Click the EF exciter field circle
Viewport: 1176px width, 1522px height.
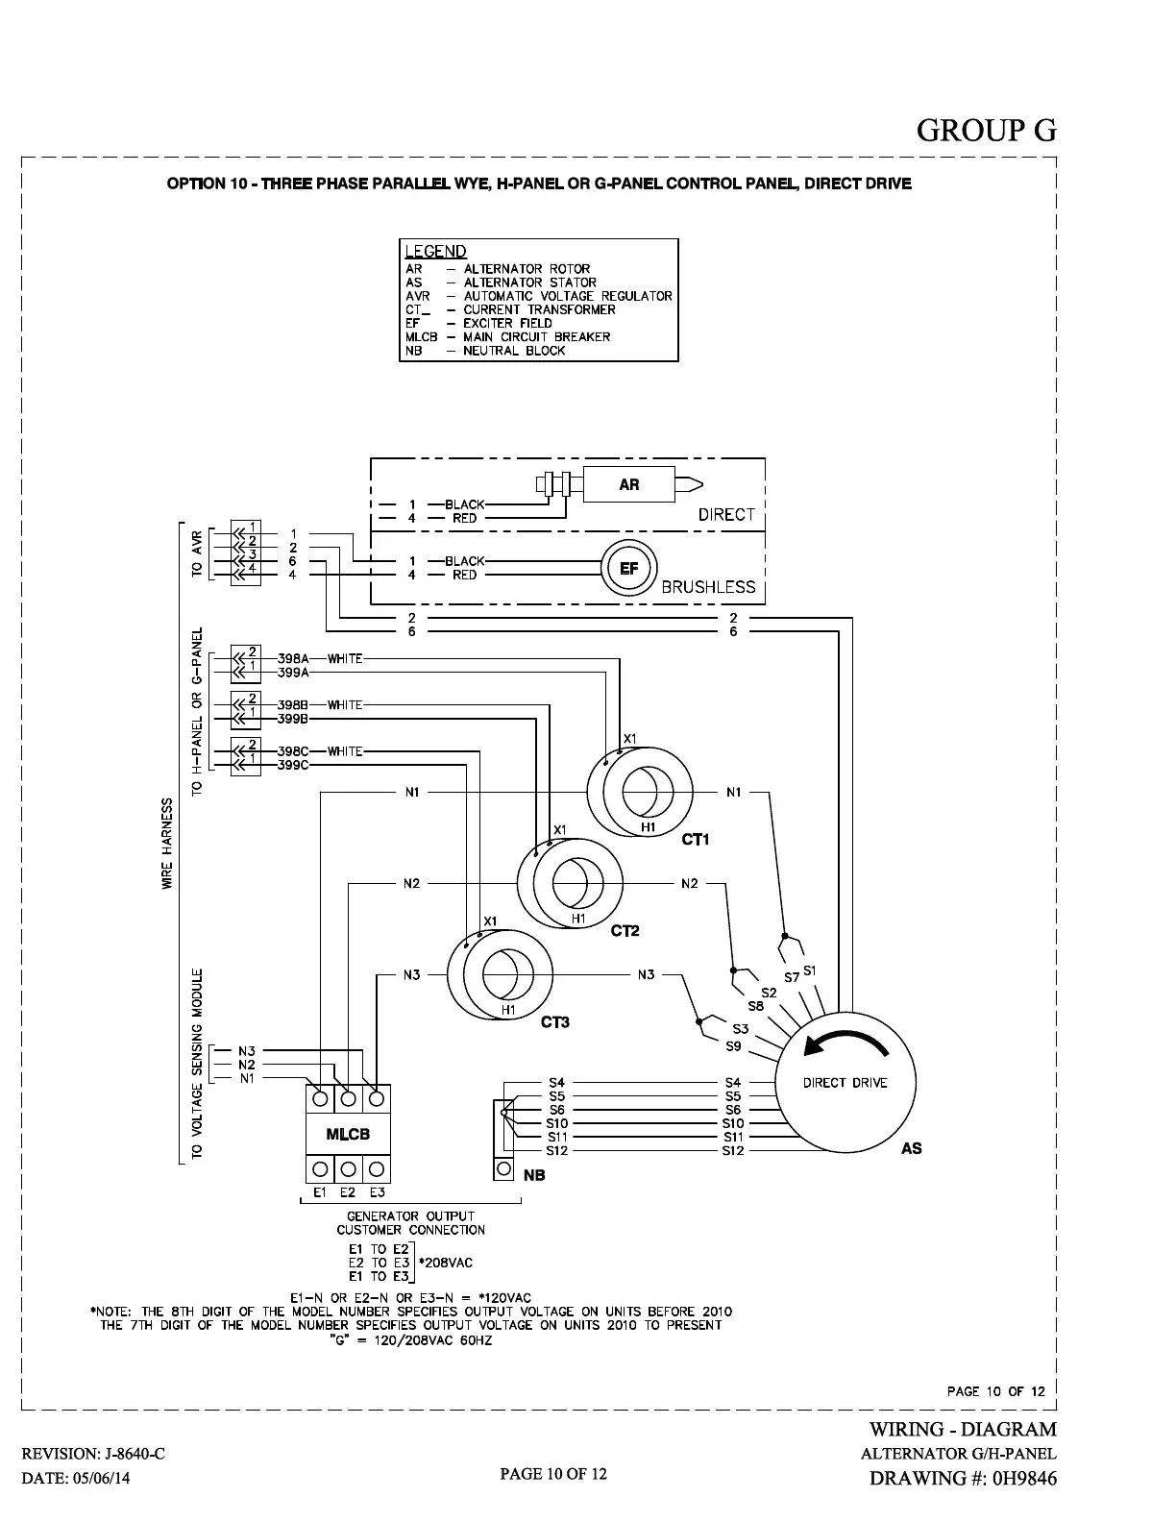click(x=629, y=568)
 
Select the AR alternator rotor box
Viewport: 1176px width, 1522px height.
click(x=629, y=484)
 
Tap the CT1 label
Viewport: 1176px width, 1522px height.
click(x=695, y=840)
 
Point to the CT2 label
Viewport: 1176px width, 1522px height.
click(x=625, y=931)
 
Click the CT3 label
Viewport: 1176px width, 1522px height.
click(x=555, y=1022)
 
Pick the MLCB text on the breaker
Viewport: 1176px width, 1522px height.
click(x=348, y=1135)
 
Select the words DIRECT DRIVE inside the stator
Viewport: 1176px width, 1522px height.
click(x=845, y=1083)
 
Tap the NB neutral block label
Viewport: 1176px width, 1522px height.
click(x=534, y=1175)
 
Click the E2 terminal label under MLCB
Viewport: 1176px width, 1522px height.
click(x=348, y=1192)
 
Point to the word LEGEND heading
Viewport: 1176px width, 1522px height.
click(x=435, y=252)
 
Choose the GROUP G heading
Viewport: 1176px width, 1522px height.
click(x=987, y=130)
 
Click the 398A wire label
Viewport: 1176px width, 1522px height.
click(x=293, y=659)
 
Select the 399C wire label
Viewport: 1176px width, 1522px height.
click(x=293, y=765)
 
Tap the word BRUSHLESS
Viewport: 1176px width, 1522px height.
click(x=708, y=587)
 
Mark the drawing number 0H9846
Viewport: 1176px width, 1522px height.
click(x=1021, y=1479)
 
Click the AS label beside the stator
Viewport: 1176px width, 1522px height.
click(x=912, y=1148)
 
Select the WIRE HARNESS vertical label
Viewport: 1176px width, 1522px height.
click(x=167, y=843)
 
